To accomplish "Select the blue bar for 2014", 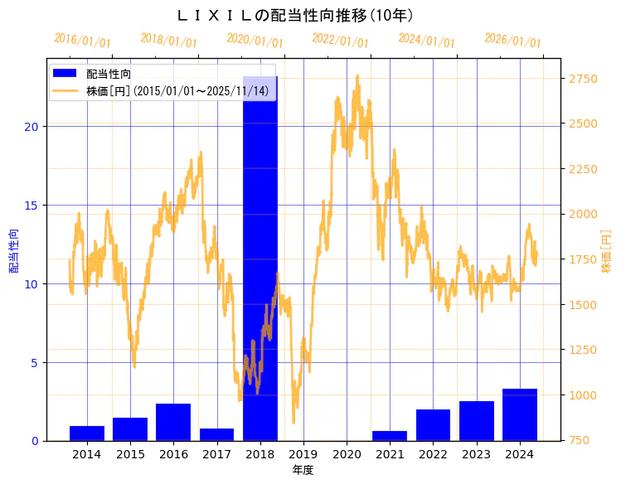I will [x=87, y=433].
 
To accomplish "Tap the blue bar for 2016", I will [x=173, y=422].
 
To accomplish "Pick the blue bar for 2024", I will [x=520, y=414].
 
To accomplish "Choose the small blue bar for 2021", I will [x=390, y=436].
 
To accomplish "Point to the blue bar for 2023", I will [x=477, y=421].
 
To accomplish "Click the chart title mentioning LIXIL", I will [x=295, y=16].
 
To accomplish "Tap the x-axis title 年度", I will [x=303, y=470].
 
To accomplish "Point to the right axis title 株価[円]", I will [x=606, y=253].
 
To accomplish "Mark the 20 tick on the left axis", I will [x=32, y=127].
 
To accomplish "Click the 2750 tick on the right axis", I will [x=582, y=79].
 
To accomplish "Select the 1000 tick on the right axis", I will [x=582, y=395].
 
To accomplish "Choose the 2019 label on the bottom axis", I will [x=303, y=454].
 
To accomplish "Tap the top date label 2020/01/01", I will [x=255, y=41].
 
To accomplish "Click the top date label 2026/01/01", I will [x=512, y=41].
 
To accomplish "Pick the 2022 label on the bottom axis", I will [x=433, y=454].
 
